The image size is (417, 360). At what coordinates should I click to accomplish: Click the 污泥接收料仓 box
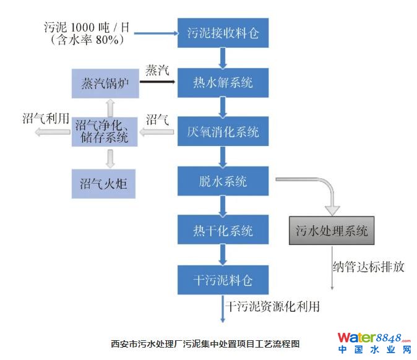223,33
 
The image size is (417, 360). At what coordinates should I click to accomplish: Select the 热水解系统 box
223,82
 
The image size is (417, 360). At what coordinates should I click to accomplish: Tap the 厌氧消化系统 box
223,132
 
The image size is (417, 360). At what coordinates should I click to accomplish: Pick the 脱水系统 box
223,181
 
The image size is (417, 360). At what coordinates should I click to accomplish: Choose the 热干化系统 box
223,231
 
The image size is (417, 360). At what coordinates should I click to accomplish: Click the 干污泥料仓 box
223,280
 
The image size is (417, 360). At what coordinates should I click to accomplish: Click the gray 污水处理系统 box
332,231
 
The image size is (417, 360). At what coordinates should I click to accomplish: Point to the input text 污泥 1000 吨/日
87,27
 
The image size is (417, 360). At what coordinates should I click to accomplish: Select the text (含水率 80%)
87,40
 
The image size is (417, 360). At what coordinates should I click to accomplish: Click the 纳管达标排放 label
369,267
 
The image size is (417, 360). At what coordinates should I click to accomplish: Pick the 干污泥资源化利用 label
272,306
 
